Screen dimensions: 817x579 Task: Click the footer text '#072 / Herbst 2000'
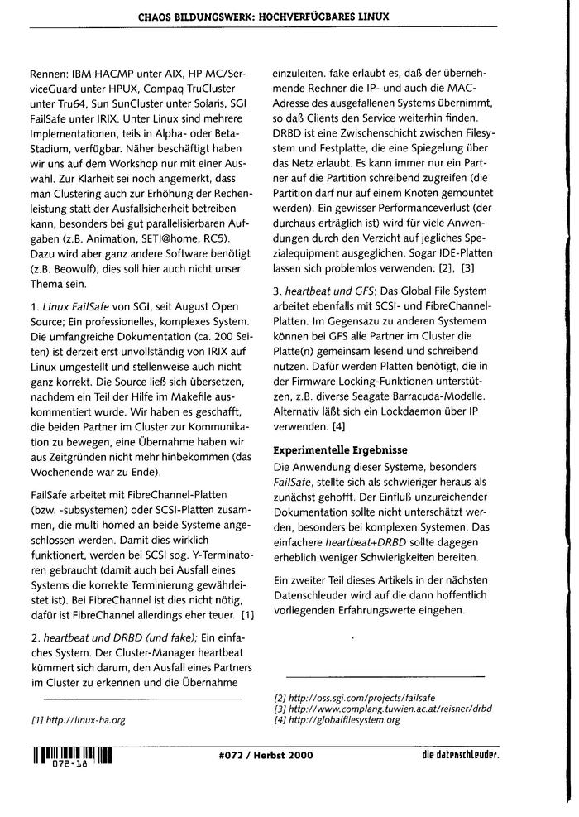pos(261,755)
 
